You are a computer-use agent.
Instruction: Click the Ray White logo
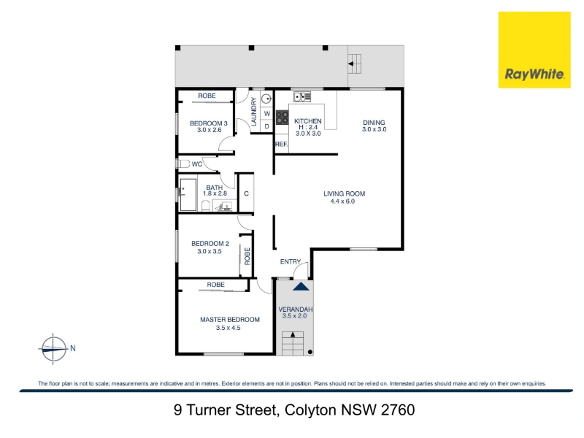pos(534,50)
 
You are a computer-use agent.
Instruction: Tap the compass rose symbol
pos(54,349)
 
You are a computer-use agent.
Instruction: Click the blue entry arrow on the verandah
pos(301,286)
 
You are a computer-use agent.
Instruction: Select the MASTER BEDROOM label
pos(230,320)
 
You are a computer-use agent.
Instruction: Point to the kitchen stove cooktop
pos(282,118)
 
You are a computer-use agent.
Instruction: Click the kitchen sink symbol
pos(302,97)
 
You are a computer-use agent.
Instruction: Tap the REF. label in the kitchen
pos(282,144)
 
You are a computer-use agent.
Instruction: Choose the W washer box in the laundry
pos(266,114)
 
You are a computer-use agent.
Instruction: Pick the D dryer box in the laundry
pos(266,126)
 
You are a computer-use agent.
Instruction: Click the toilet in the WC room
pos(183,164)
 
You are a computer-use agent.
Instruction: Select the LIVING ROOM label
pos(344,193)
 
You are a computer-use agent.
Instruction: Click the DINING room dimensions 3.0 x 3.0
pos(374,130)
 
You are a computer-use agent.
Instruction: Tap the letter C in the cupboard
pos(246,193)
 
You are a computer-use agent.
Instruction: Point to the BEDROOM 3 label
pos(209,123)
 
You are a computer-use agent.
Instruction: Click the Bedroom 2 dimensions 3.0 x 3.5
pos(210,251)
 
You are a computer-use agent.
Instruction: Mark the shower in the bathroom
pos(188,195)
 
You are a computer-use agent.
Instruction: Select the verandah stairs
pos(293,343)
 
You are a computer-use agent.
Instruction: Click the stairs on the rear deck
pos(355,64)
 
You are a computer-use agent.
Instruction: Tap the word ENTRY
pos(290,262)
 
